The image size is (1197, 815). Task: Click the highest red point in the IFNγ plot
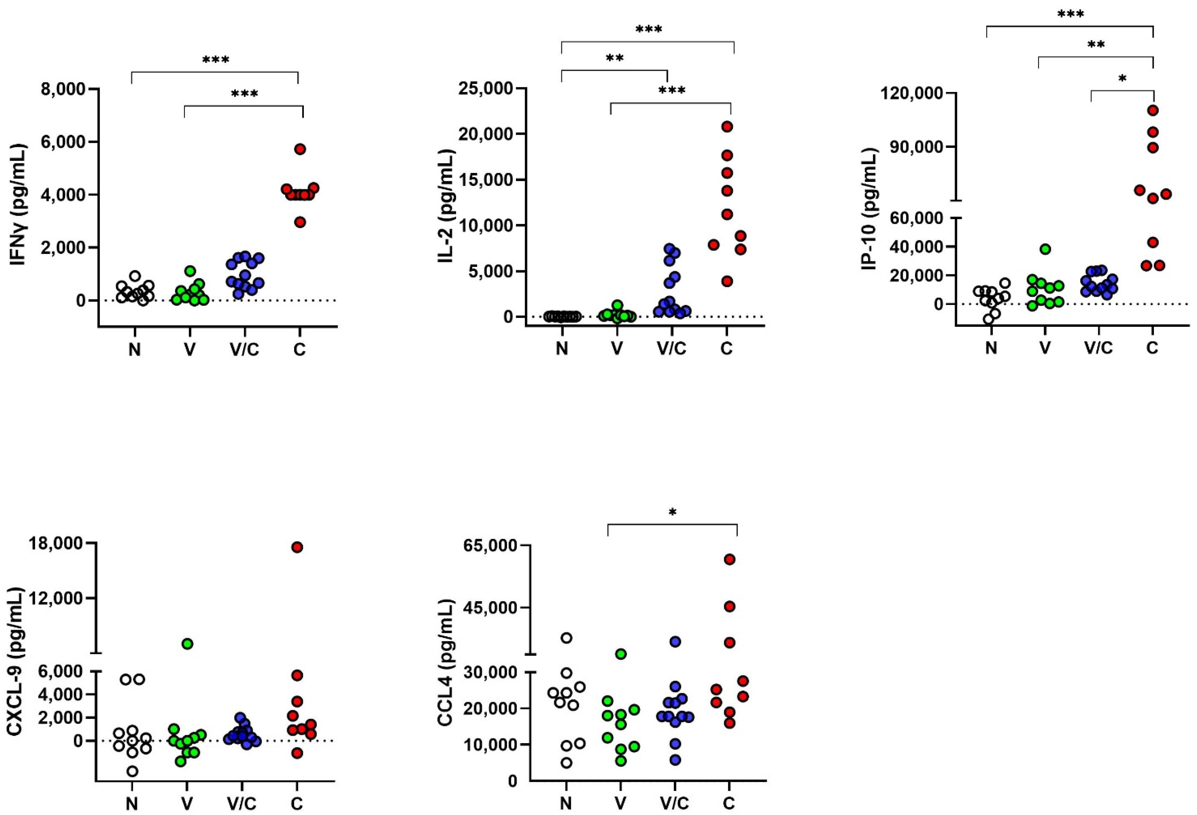pyautogui.click(x=300, y=149)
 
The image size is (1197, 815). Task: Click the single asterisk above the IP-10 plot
pyautogui.click(x=1122, y=79)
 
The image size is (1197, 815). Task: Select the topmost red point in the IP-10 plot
pyautogui.click(x=1153, y=110)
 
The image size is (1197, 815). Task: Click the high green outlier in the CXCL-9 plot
pyautogui.click(x=188, y=643)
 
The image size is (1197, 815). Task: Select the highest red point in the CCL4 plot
pyautogui.click(x=729, y=559)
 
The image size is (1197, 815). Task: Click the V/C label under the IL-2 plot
pyautogui.click(x=672, y=349)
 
